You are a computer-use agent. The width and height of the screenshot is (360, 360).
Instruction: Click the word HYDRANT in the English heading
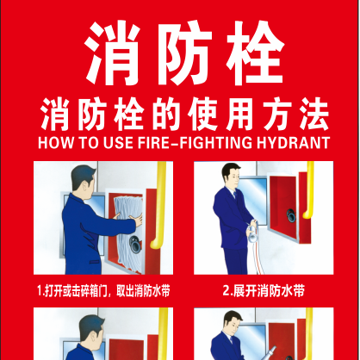coord(293,143)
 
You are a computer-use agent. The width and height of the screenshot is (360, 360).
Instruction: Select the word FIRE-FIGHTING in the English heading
coord(195,143)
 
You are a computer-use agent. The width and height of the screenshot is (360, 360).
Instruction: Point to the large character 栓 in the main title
coord(255,53)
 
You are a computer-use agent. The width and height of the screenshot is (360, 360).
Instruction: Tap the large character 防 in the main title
coord(183,53)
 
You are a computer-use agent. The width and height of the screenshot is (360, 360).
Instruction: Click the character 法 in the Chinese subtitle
coord(313,115)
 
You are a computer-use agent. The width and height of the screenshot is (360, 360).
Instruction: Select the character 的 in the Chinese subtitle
coord(166,115)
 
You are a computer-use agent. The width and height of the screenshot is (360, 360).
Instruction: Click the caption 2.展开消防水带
coord(264,291)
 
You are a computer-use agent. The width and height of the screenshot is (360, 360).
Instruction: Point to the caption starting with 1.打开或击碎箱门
coord(103,291)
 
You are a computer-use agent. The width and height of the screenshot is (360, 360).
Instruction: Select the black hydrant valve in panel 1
coord(135,244)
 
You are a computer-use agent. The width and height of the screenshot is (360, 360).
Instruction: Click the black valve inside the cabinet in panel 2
coord(290,214)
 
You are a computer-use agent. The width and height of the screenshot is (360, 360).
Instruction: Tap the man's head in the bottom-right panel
coord(233,321)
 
